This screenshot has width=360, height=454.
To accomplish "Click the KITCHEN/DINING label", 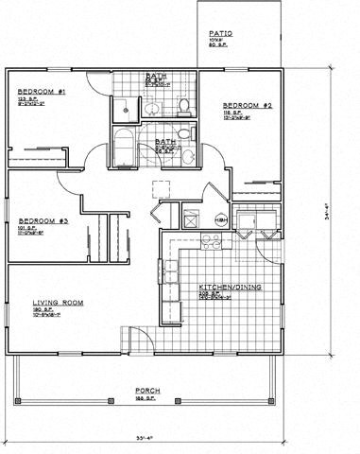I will click(x=224, y=287).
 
